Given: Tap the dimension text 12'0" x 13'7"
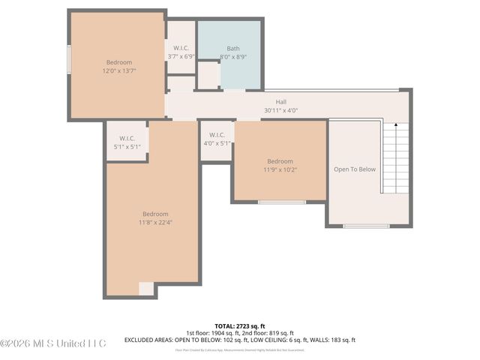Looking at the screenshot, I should click(x=118, y=70).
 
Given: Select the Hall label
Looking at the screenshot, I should click(x=280, y=102).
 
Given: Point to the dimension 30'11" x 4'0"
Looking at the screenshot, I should click(x=280, y=110).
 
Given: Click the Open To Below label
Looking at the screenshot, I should click(x=355, y=169).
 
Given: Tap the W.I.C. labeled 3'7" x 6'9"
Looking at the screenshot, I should click(x=180, y=56).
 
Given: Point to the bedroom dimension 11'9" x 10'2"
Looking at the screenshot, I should click(x=280, y=169).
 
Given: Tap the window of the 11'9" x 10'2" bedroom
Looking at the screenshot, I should click(x=281, y=202).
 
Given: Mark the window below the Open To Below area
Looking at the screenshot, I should click(x=366, y=225).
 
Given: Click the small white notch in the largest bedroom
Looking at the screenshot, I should click(x=146, y=289).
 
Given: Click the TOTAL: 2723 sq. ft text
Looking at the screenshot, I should click(x=239, y=325).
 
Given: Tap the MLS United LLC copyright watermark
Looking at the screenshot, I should click(x=53, y=343).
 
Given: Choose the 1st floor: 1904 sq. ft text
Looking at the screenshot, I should click(x=212, y=333).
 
